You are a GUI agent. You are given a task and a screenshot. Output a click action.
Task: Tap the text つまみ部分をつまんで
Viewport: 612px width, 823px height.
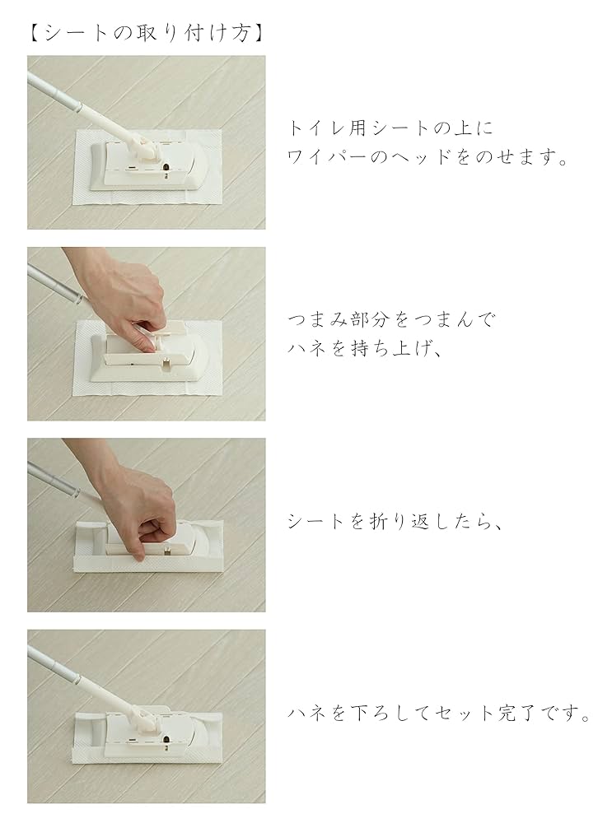coord(391,320)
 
